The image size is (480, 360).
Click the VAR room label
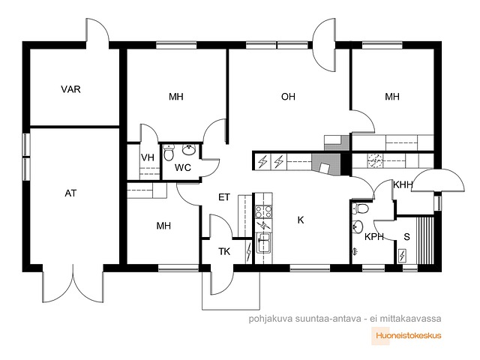coord(70,89)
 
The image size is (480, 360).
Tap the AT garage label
coord(70,193)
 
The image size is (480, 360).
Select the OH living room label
coord(288,97)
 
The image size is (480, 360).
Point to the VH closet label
coord(148,157)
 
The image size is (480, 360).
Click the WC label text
coord(183,167)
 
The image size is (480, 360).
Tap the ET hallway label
coord(224,197)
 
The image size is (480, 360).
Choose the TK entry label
coord(224,252)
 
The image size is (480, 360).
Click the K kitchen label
coord(301,220)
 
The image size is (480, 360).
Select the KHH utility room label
coord(403,185)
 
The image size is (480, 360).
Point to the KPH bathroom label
coord(374,237)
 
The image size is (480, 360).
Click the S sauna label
coord(406,237)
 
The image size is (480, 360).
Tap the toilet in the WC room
coord(168,152)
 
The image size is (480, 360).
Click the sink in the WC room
coord(190,150)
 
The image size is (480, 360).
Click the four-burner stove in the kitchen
coord(263,211)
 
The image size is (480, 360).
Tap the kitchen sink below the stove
coord(263,243)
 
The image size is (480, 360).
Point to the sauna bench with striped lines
coord(425,240)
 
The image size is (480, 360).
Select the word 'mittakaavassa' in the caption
coord(410,319)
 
